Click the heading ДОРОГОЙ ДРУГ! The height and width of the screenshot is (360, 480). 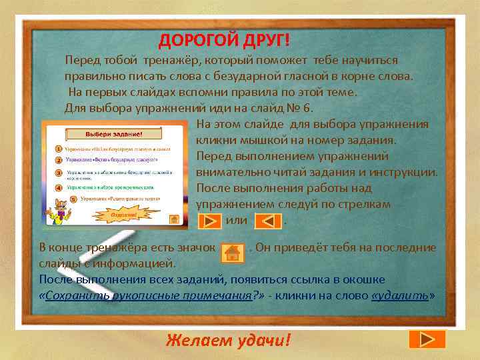click(224, 41)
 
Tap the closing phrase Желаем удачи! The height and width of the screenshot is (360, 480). click(229, 341)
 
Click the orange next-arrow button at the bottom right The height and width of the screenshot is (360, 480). click(421, 339)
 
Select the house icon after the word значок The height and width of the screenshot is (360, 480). click(232, 252)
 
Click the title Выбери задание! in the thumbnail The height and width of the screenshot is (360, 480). click(112, 133)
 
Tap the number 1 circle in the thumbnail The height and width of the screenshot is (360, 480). click(58, 148)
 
